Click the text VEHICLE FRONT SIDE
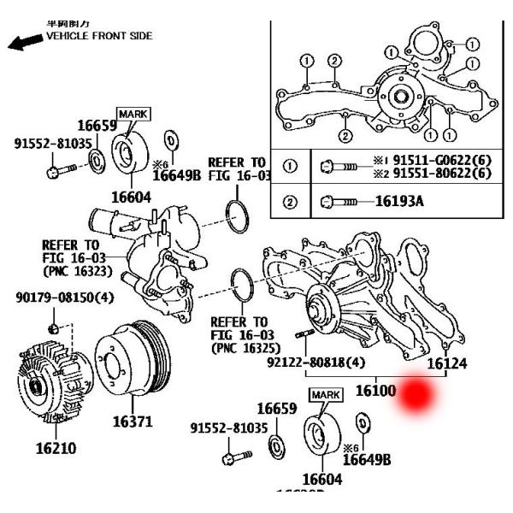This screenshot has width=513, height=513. (x=99, y=36)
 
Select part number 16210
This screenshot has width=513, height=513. (x=55, y=447)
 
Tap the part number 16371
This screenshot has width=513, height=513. (x=133, y=422)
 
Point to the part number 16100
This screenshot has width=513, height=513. (x=375, y=391)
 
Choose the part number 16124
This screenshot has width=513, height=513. (x=447, y=363)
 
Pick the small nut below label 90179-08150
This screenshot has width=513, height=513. (x=54, y=328)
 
